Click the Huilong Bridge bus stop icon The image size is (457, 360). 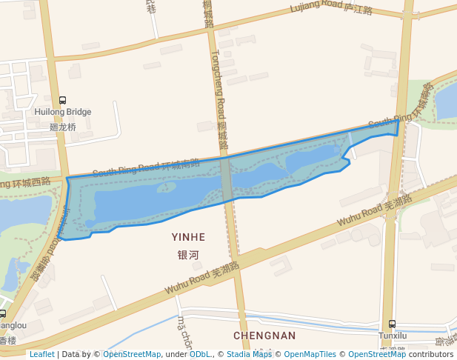pyautogui.click(x=62, y=101)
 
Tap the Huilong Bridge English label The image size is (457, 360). pyautogui.click(x=63, y=113)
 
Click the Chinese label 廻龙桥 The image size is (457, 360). pyautogui.click(x=63, y=127)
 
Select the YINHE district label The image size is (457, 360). pyautogui.click(x=188, y=237)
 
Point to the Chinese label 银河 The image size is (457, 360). pyautogui.click(x=188, y=255)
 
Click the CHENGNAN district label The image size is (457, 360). pyautogui.click(x=264, y=336)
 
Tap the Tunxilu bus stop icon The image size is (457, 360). pyautogui.click(x=392, y=324)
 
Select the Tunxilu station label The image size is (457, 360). pyautogui.click(x=393, y=336)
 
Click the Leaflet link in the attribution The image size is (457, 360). pyautogui.click(x=41, y=354)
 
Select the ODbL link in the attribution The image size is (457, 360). pyautogui.click(x=200, y=354)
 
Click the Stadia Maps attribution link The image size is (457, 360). pyautogui.click(x=249, y=354)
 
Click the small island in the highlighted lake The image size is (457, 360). pyautogui.click(x=167, y=187)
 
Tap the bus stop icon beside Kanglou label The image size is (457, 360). pyautogui.click(x=3, y=313)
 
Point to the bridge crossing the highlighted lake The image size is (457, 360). pyautogui.click(x=227, y=179)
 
